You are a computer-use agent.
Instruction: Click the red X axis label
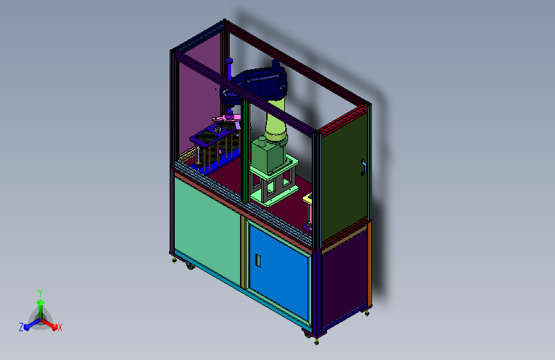click(x=60, y=327)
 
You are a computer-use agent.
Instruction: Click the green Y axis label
click(x=40, y=293)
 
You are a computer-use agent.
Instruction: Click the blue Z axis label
click(x=21, y=327)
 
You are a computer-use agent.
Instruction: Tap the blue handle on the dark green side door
click(x=363, y=167)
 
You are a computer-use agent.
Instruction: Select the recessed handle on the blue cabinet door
click(x=258, y=261)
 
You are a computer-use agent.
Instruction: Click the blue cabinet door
click(x=279, y=272)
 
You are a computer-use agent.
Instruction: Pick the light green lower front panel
click(x=207, y=231)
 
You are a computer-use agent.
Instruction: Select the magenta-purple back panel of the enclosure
click(x=199, y=102)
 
